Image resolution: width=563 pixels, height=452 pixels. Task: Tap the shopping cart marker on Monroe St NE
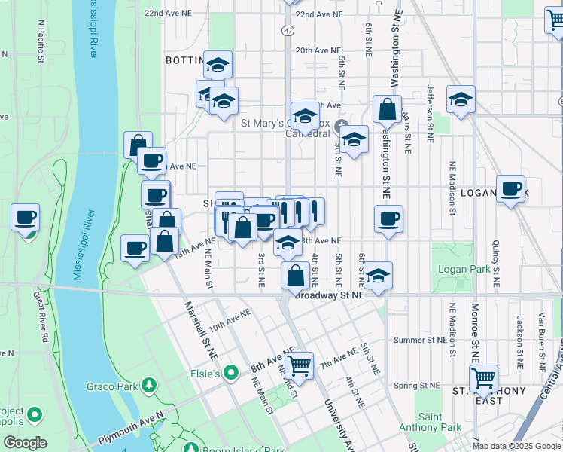coord(482,377)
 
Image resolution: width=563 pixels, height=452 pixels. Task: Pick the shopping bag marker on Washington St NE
coord(387,110)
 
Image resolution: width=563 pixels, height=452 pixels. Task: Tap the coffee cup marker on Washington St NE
coord(388,219)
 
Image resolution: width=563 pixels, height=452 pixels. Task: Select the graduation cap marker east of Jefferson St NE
coord(461,99)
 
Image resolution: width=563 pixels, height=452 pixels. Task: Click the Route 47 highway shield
coord(288,30)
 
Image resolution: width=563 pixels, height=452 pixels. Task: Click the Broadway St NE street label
coord(330,295)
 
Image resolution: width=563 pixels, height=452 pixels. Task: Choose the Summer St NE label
coord(420,340)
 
